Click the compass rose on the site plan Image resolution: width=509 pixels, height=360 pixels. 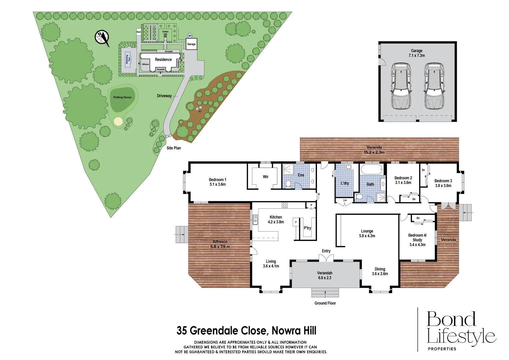point(102,37)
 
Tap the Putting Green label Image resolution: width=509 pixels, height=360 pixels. point(122,97)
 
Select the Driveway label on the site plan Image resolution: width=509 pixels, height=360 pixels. point(164,96)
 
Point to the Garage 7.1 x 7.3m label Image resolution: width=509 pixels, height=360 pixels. point(417,53)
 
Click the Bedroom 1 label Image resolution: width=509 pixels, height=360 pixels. point(217,182)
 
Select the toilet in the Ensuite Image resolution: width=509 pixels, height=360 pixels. point(288,184)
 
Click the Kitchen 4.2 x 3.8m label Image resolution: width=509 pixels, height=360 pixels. point(276,219)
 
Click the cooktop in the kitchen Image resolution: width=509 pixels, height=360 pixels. point(285,205)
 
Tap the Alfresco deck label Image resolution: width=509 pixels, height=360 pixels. point(220,244)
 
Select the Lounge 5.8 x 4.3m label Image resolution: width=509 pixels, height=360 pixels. point(367,233)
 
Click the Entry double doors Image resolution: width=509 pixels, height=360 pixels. point(326,258)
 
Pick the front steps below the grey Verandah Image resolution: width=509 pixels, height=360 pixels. point(325,293)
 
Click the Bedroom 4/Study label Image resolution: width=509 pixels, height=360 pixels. point(417,240)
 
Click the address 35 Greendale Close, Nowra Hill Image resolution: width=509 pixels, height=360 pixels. point(246,331)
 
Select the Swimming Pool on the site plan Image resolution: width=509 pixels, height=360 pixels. point(127,60)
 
